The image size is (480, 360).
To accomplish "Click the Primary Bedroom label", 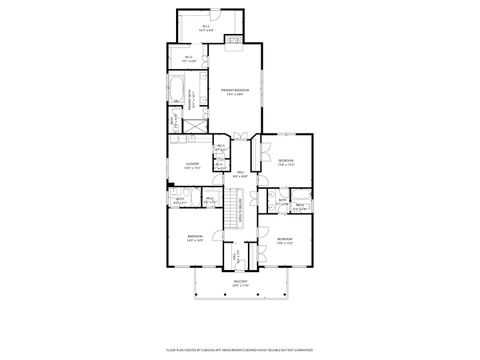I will (x=234, y=92).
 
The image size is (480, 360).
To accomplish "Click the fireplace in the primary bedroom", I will (x=234, y=40).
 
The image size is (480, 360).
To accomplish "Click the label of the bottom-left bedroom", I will (x=194, y=238).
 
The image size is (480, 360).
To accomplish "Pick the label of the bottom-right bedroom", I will (x=285, y=240).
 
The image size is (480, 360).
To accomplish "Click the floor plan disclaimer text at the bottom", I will (x=240, y=349).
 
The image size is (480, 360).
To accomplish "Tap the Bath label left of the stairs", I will (x=181, y=201).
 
